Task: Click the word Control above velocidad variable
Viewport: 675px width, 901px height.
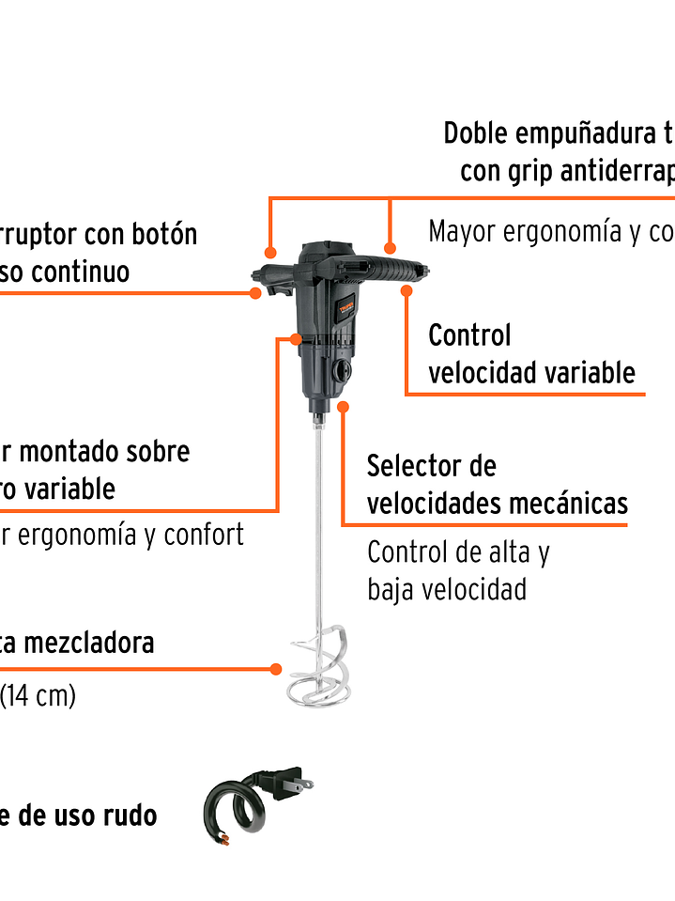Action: coord(469,335)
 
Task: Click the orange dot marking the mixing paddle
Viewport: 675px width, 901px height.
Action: coord(276,669)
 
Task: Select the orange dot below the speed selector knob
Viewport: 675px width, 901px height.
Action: coord(344,407)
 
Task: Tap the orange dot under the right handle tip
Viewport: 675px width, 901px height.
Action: coord(407,291)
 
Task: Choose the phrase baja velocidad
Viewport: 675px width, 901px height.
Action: coord(446,590)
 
